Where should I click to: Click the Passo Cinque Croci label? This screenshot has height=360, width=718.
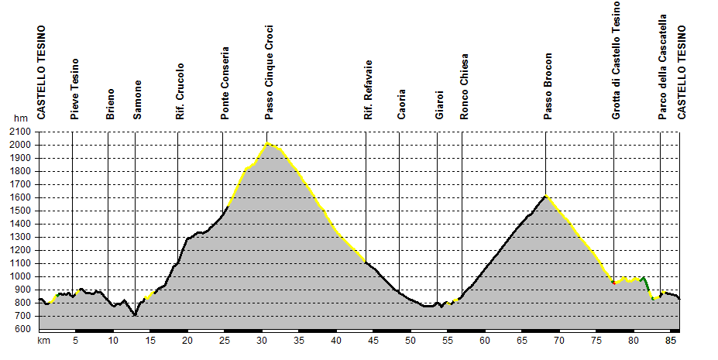[269, 72]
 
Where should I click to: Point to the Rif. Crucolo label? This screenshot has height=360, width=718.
[180, 91]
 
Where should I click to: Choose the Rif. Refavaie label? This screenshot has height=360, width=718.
[368, 89]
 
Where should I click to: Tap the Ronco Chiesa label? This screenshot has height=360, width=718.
[464, 86]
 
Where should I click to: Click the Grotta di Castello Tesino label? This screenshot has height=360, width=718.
[617, 60]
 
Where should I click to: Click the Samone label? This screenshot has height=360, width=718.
[137, 99]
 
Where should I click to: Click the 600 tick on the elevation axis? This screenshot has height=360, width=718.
[22, 329]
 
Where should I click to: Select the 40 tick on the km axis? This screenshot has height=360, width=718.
[335, 340]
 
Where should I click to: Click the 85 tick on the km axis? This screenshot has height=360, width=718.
[671, 340]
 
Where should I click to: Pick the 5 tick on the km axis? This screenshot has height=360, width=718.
[75, 340]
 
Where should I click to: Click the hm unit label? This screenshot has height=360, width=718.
[20, 118]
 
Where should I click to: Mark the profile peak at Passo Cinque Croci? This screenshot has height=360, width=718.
[267, 143]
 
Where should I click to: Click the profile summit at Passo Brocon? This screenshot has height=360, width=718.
[545, 195]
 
